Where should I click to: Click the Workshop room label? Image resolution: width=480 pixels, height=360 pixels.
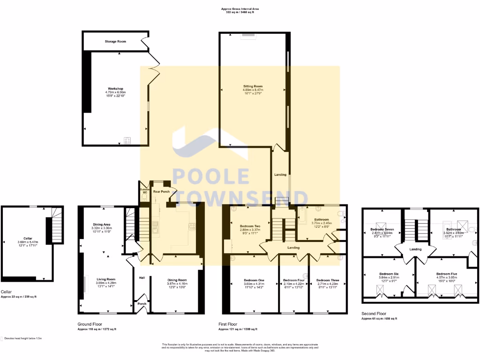click(x=115, y=89)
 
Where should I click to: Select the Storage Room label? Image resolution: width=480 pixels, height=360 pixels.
click(x=115, y=42)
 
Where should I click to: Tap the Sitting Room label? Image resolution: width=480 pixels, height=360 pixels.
click(x=253, y=86)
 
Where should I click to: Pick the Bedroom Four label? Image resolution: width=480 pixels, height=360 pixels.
click(x=293, y=280)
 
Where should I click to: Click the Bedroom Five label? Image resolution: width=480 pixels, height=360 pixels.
click(x=446, y=274)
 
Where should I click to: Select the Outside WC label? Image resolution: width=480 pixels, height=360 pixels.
click(x=144, y=191)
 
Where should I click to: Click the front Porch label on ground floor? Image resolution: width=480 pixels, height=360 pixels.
click(x=142, y=304)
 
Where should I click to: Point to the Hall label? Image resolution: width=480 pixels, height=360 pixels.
click(x=142, y=277)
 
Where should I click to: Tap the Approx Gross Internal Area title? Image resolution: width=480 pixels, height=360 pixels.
click(x=240, y=9)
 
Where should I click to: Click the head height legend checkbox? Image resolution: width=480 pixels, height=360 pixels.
click(x=2, y=337)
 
